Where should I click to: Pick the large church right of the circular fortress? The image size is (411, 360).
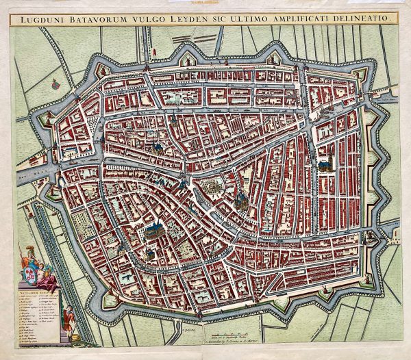tap(240, 199)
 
